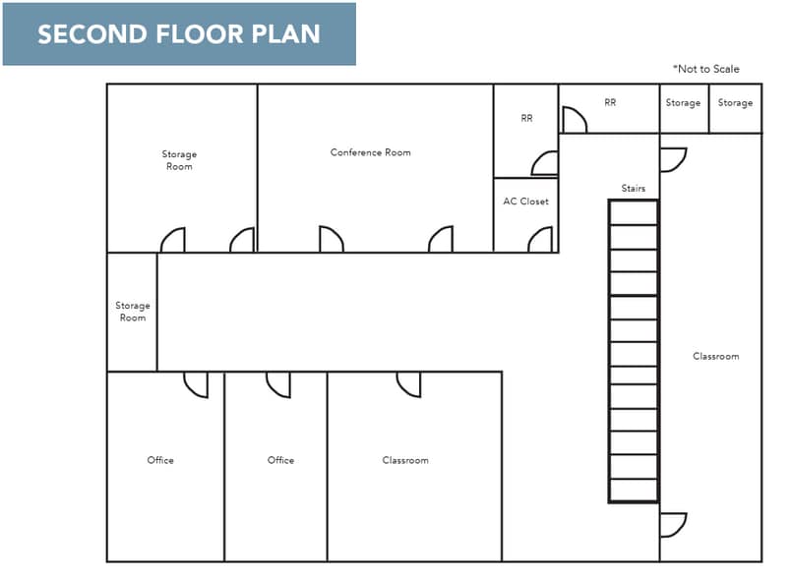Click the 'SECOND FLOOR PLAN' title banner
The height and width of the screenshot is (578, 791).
click(x=178, y=34)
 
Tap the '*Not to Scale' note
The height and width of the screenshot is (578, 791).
click(x=705, y=69)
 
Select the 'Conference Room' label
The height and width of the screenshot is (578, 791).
click(x=370, y=152)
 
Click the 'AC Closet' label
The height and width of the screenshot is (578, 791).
click(x=525, y=202)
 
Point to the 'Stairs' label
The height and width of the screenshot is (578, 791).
click(x=633, y=188)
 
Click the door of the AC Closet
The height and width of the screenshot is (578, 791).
click(x=540, y=240)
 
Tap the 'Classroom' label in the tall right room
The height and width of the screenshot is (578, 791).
click(x=715, y=356)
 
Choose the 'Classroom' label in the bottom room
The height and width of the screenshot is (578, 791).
click(x=405, y=460)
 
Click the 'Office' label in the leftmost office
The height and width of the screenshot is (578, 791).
click(x=160, y=460)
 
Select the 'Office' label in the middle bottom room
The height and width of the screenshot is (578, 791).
click(x=280, y=460)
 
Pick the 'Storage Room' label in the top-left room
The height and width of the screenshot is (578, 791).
click(x=179, y=160)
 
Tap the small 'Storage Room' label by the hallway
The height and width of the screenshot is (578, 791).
click(x=133, y=312)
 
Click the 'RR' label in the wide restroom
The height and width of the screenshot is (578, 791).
click(x=610, y=102)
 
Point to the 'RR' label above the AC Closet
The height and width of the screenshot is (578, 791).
click(x=526, y=118)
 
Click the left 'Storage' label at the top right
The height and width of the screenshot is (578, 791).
click(x=683, y=102)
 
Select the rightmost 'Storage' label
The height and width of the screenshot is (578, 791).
click(x=735, y=102)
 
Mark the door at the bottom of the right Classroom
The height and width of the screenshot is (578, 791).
click(x=672, y=525)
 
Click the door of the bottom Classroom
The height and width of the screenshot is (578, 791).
click(x=408, y=384)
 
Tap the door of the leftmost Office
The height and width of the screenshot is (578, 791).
click(x=196, y=384)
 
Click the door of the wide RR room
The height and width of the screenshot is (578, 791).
click(x=574, y=120)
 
